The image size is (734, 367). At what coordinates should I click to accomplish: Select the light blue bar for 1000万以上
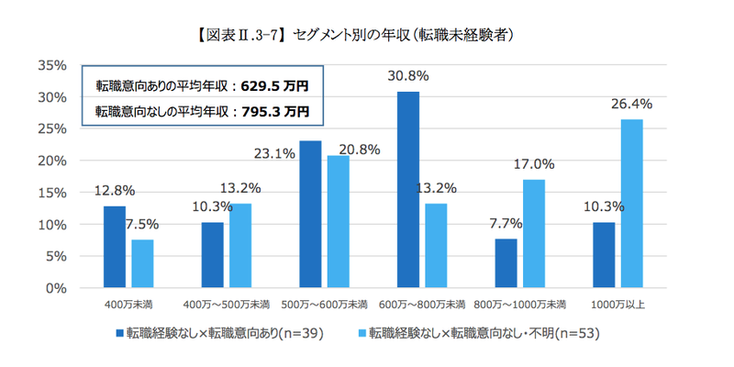point(632,204)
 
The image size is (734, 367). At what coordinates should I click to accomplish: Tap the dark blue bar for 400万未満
point(114,247)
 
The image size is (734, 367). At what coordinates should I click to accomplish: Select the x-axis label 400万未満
point(130,304)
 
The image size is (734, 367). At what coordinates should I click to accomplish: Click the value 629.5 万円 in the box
point(273,87)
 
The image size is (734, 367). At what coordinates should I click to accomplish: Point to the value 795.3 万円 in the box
point(273,112)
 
